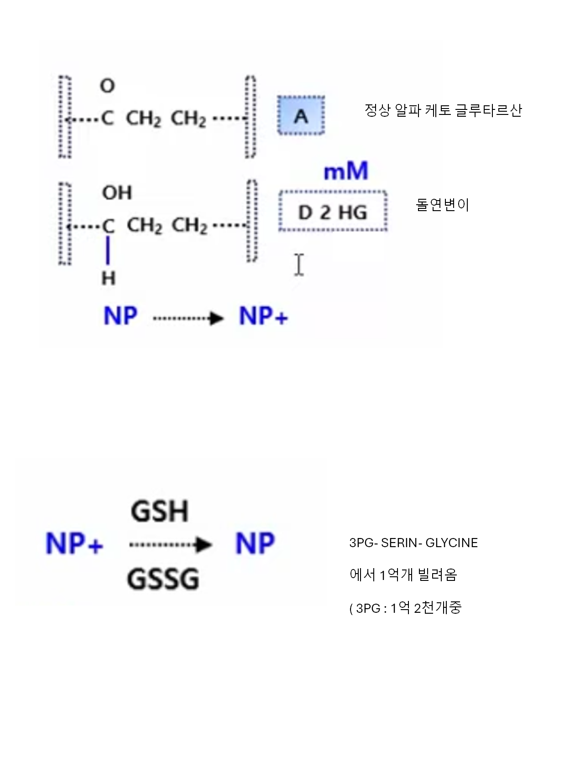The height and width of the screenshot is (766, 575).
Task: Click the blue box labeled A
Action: pyautogui.click(x=301, y=115)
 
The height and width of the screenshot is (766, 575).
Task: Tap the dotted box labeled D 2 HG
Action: pyautogui.click(x=333, y=212)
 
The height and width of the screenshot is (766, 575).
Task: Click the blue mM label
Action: pyautogui.click(x=345, y=171)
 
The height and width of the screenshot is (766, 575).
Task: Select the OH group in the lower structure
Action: pyautogui.click(x=117, y=193)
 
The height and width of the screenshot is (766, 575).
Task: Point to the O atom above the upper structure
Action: pyautogui.click(x=107, y=86)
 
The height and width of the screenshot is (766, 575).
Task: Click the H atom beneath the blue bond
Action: pyautogui.click(x=108, y=278)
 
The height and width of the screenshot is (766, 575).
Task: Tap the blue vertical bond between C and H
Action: pyautogui.click(x=108, y=251)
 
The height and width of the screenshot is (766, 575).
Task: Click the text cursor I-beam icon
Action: pyautogui.click(x=299, y=264)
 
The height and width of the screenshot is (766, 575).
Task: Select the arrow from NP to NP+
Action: pyautogui.click(x=188, y=318)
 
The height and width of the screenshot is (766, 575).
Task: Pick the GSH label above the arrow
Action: pyautogui.click(x=160, y=511)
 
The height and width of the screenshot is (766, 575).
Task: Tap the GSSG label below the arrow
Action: pyautogui.click(x=163, y=579)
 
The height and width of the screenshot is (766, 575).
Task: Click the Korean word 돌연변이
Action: pyautogui.click(x=442, y=205)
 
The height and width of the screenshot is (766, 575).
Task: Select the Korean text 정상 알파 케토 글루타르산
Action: pyautogui.click(x=443, y=110)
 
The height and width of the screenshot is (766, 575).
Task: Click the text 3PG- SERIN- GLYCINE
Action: pyautogui.click(x=413, y=543)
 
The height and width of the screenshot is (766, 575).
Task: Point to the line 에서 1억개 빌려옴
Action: pyautogui.click(x=403, y=574)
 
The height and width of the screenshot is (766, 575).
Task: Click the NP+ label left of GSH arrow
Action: pyautogui.click(x=75, y=543)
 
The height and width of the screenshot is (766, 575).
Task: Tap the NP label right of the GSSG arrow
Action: pyautogui.click(x=255, y=543)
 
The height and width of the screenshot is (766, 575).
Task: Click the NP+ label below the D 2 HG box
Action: pyautogui.click(x=264, y=316)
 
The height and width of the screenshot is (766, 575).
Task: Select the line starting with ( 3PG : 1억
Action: pyautogui.click(x=406, y=608)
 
